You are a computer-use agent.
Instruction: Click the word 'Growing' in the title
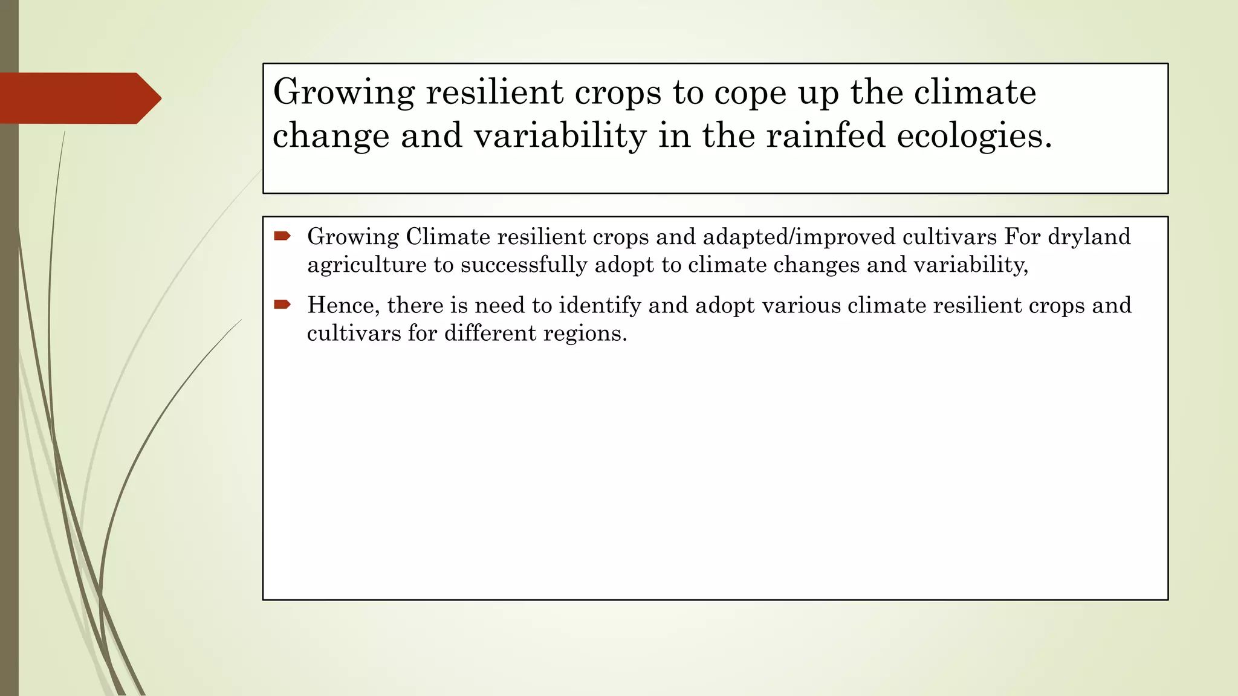coord(343,93)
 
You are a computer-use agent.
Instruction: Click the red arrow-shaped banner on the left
coord(79,98)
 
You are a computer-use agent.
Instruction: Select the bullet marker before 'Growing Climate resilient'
coord(282,236)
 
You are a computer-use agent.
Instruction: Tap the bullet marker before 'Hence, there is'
coord(282,304)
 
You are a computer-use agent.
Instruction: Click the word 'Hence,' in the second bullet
coord(343,305)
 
